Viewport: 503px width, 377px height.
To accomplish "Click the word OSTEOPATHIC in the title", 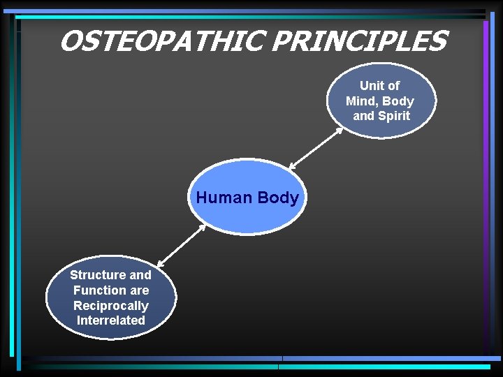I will click(163, 42).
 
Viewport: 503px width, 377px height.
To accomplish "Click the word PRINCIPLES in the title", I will click(358, 42).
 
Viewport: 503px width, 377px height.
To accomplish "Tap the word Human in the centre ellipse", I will click(224, 198).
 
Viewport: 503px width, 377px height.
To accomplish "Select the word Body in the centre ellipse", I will click(278, 198).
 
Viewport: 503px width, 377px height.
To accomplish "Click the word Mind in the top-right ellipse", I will click(360, 101).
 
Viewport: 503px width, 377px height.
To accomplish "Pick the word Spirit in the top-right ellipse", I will click(393, 116).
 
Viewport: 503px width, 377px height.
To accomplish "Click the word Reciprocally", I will click(110, 306).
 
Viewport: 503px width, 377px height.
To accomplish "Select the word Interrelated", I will click(110, 320).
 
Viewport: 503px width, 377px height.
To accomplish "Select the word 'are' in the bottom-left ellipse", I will click(139, 290).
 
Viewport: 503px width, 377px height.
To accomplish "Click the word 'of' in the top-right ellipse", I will click(394, 86).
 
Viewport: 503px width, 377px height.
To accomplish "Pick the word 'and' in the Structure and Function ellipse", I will click(140, 275).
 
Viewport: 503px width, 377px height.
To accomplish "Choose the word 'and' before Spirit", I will click(363, 116).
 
